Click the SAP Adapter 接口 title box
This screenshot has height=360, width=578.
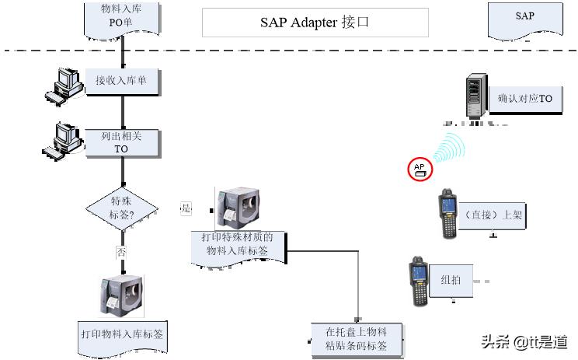point(315,23)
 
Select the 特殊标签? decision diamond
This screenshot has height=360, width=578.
point(121,208)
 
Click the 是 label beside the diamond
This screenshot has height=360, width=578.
point(185,208)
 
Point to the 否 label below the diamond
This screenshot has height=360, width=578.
point(120,252)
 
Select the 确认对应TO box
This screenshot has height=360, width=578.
point(525,100)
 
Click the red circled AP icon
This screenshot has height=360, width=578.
point(420,169)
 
